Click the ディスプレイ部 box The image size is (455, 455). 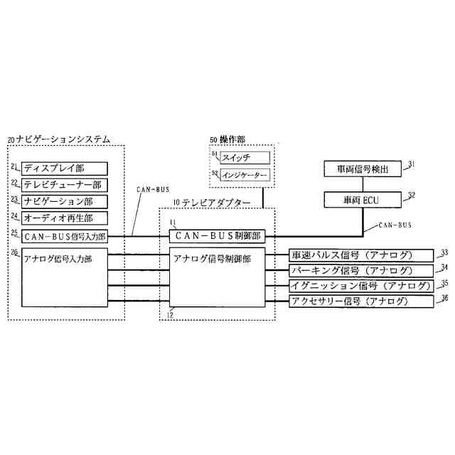(64, 168)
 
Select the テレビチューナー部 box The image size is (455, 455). (64, 185)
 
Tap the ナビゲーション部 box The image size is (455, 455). (64, 201)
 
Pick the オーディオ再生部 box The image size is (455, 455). (64, 218)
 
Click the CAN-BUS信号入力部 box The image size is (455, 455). (64, 236)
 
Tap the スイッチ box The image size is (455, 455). (244, 157)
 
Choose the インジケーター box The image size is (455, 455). (244, 175)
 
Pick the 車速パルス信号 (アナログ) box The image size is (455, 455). (360, 255)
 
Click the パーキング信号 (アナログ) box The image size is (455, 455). (360, 271)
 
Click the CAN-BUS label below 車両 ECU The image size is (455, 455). (394, 225)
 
